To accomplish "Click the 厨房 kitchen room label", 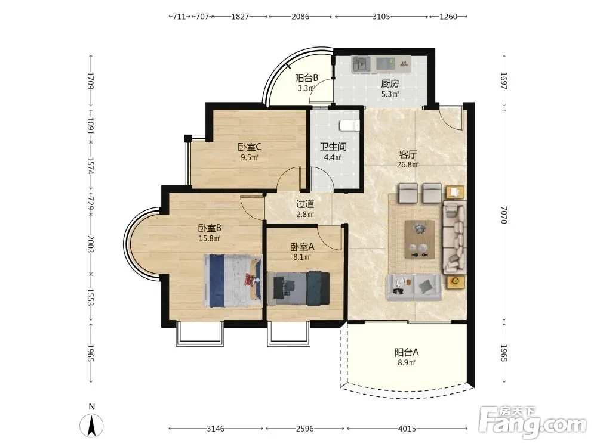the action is pyautogui.click(x=390, y=83).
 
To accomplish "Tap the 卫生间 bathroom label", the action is pyautogui.click(x=333, y=147).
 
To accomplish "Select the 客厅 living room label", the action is pyautogui.click(x=408, y=154).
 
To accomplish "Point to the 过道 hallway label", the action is pyautogui.click(x=305, y=204).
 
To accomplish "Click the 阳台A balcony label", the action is pyautogui.click(x=407, y=352).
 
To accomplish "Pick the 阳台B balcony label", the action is pyautogui.click(x=306, y=78).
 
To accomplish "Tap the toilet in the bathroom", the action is pyautogui.click(x=349, y=125).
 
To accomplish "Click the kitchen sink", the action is pyautogui.click(x=361, y=64).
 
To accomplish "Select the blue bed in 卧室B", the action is pyautogui.click(x=233, y=281).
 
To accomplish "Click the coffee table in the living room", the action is pyautogui.click(x=420, y=240).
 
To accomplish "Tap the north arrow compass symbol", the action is pyautogui.click(x=91, y=425).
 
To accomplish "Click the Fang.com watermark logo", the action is pyautogui.click(x=533, y=421).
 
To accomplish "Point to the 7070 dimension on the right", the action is pyautogui.click(x=504, y=215).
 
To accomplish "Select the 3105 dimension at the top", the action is pyautogui.click(x=381, y=16).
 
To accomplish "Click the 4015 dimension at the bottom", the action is pyautogui.click(x=407, y=429).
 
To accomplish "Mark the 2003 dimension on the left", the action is pyautogui.click(x=91, y=243).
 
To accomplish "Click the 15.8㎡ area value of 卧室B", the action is pyautogui.click(x=210, y=239).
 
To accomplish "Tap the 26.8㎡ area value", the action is pyautogui.click(x=408, y=164).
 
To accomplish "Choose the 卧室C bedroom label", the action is pyautogui.click(x=250, y=147).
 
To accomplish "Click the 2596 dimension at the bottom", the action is pyautogui.click(x=305, y=429).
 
